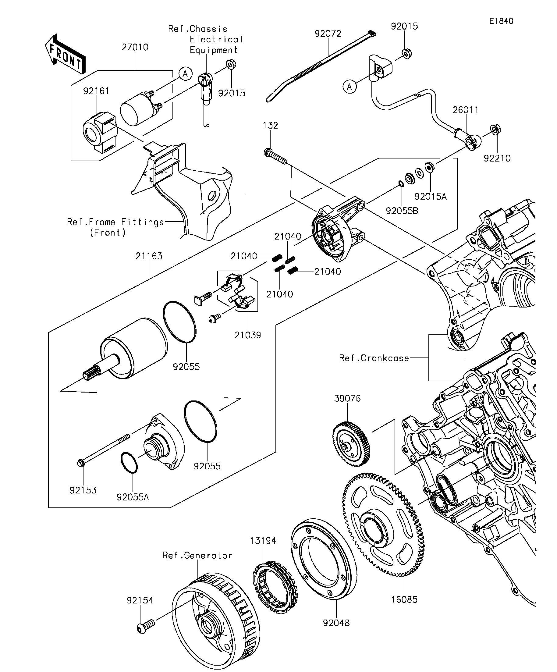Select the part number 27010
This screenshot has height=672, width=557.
point(135,47)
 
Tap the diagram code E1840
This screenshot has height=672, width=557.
point(501,21)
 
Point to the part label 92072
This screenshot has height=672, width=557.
point(328,34)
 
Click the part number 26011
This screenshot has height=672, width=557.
point(466,110)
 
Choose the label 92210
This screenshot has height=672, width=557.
point(497,158)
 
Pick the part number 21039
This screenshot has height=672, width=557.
point(248,335)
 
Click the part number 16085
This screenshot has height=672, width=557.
point(404,599)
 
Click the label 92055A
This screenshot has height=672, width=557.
point(133,497)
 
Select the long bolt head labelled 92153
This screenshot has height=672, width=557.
point(81,462)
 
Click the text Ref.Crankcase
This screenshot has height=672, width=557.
point(374,358)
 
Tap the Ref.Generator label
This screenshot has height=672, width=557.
point(197,555)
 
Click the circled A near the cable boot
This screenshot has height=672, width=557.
point(349,87)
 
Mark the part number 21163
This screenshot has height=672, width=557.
point(149,256)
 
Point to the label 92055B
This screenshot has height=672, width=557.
point(402,211)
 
